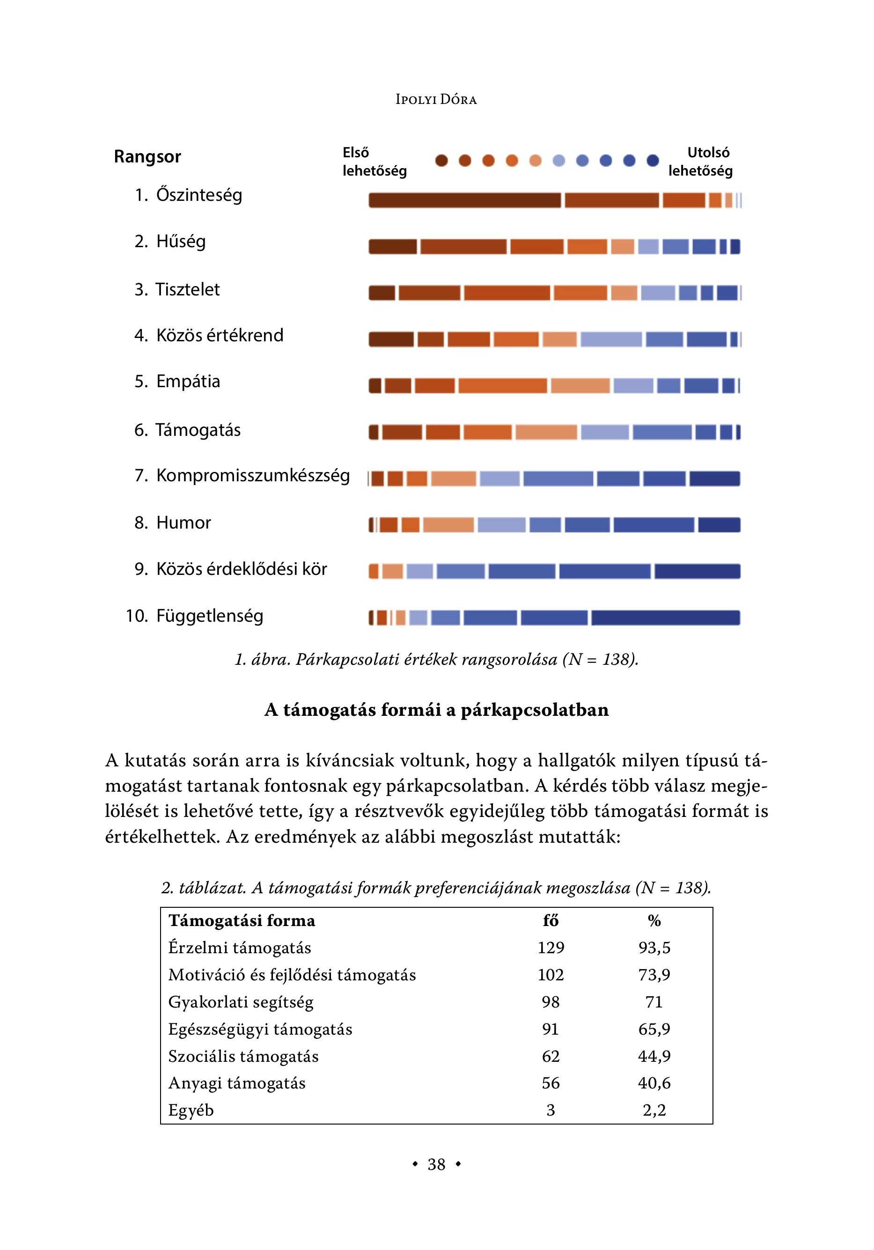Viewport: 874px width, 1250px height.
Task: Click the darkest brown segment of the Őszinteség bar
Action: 464,200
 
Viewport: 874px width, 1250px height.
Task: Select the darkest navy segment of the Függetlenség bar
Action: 665,618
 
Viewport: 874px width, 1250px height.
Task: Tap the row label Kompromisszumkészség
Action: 253,475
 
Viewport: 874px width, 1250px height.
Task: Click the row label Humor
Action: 183,522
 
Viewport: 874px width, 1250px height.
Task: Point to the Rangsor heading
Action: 147,157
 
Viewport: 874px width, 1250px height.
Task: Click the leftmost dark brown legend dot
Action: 441,161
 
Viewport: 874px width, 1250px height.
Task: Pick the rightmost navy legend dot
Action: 653,161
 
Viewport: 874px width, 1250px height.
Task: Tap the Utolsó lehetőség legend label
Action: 700,162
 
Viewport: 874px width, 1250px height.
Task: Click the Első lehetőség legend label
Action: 374,162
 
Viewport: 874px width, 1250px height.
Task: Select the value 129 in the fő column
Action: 551,948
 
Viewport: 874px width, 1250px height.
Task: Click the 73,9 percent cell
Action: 654,975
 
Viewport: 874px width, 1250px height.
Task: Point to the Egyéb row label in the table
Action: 191,1110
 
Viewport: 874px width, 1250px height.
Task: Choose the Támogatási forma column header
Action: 242,920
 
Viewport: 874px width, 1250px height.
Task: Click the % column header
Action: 654,920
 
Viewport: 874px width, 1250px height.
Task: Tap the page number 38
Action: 436,1164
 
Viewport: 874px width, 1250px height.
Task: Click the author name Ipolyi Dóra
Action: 436,100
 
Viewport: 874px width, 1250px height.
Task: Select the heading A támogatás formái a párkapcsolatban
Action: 436,710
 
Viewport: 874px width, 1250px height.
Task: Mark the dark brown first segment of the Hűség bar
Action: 392,247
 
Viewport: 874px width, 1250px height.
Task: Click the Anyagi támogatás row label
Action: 236,1083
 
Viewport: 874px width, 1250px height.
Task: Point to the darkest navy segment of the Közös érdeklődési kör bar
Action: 697,571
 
